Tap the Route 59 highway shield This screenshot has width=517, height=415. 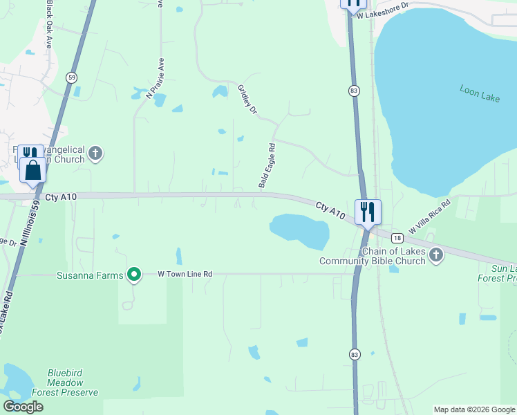coord(72,77)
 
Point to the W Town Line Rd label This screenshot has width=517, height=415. coord(185,275)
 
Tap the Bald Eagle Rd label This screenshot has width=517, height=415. coord(267,166)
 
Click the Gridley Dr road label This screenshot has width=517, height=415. coord(247,100)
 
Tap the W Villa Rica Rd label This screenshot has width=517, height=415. coord(430,216)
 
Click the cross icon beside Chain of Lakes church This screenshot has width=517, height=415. coord(435,255)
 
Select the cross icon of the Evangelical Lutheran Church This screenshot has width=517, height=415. coord(95,154)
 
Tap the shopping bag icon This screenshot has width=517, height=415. coord(33,169)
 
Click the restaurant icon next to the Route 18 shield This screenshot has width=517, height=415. coord(368,211)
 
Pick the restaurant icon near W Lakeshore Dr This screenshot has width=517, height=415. coord(353,3)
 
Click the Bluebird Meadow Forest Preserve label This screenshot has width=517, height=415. coord(66,382)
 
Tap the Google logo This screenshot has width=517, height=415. coord(23,407)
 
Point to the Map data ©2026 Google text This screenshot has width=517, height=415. coord(474,409)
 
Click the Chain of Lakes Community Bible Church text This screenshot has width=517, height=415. coord(373,256)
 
